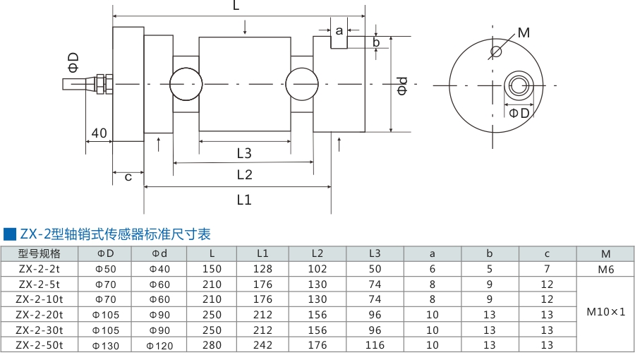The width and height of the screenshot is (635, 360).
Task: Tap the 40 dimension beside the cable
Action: pyautogui.click(x=99, y=133)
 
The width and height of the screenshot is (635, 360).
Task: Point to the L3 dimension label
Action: pyautogui.click(x=244, y=152)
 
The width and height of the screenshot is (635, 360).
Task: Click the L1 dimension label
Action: pyautogui.click(x=244, y=200)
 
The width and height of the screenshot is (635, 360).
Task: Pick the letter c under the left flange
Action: pyautogui.click(x=128, y=176)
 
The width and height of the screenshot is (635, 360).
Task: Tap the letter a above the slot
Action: pyautogui.click(x=339, y=30)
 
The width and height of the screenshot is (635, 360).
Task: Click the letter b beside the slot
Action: pyautogui.click(x=376, y=42)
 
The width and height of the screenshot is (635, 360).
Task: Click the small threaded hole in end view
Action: pyautogui.click(x=496, y=51)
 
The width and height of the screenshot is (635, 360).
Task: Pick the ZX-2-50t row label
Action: pyautogui.click(x=40, y=345)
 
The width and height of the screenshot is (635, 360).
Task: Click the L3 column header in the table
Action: pyautogui.click(x=374, y=253)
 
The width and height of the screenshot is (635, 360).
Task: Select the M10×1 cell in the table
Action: pyautogui.click(x=605, y=311)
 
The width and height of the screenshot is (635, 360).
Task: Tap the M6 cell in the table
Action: pyautogui.click(x=605, y=269)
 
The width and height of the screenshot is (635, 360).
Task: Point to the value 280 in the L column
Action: pyautogui.click(x=212, y=345)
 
